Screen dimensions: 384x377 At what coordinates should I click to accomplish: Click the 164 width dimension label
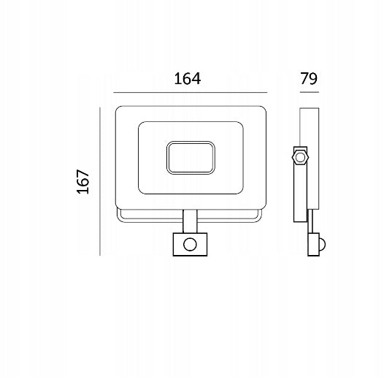click(188, 79)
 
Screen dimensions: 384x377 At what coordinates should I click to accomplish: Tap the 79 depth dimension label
click(309, 78)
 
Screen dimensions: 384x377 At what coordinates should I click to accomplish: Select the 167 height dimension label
click(83, 181)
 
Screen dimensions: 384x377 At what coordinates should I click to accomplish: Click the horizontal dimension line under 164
click(191, 93)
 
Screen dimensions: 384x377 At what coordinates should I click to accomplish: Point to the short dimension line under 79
click(310, 92)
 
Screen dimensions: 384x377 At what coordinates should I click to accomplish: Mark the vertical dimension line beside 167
click(100, 181)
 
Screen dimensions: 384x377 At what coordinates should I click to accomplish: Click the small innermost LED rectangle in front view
click(191, 158)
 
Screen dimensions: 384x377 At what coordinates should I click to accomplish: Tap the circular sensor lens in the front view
click(190, 244)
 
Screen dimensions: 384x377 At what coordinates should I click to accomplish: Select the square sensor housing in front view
click(190, 244)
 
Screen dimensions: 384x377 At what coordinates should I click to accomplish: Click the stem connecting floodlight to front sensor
click(190, 221)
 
